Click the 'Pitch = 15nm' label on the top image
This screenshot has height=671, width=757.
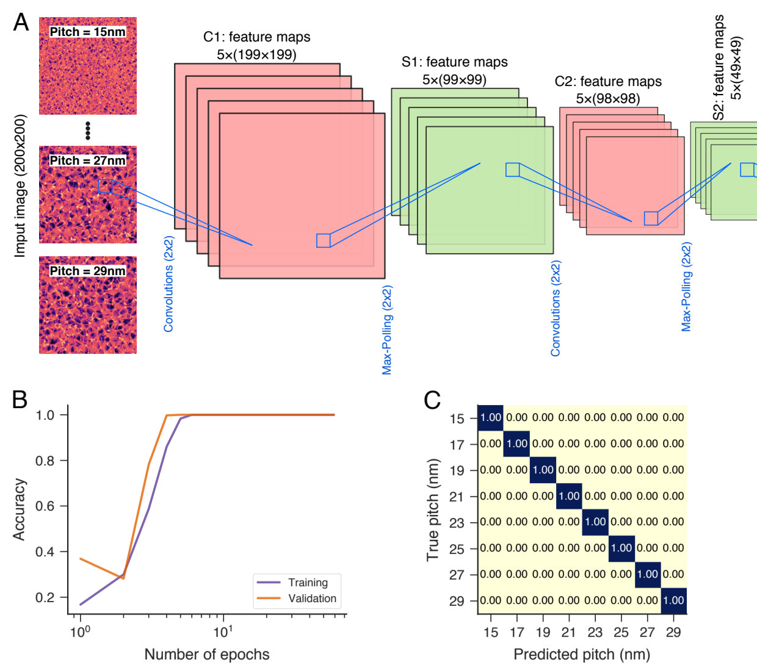point(87,32)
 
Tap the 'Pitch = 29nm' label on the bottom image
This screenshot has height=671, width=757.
point(87,271)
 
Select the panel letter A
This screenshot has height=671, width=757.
point(21,22)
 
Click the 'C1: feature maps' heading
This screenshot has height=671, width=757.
point(256,37)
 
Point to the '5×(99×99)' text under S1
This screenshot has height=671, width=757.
point(454,80)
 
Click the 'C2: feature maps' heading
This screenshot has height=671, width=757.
point(608,82)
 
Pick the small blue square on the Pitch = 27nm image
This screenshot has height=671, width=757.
point(105,187)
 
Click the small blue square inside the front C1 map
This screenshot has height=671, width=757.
point(323,240)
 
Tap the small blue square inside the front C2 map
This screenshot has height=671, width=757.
point(651,218)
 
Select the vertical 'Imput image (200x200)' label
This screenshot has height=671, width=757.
point(20,185)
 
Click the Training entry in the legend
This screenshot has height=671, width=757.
point(308,583)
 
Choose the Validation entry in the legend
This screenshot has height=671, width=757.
point(312,598)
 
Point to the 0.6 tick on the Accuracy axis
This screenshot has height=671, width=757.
point(45,506)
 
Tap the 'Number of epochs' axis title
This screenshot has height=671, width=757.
point(206,655)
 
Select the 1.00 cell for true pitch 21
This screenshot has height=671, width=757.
point(569,496)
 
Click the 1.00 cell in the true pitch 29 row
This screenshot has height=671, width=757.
point(673,600)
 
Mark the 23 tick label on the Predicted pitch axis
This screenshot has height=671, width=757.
point(595,632)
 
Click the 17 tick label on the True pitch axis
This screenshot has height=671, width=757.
point(457,445)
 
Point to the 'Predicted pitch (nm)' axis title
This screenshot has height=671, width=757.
point(581,655)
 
